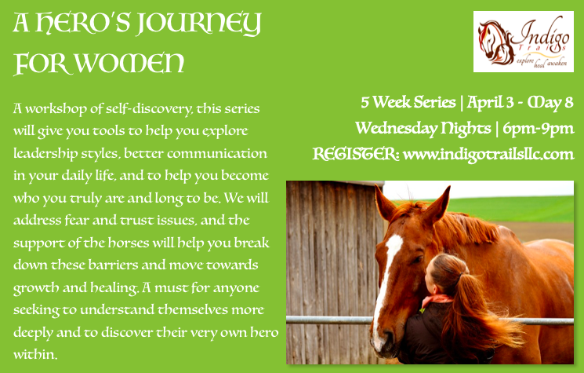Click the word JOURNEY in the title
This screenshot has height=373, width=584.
click(199, 24)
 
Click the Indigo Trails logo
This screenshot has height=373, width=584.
click(524, 42)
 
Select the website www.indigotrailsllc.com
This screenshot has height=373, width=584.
click(488, 154)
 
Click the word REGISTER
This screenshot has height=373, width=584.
click(355, 154)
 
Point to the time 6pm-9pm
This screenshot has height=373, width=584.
click(539, 129)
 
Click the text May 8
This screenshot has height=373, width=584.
click(550, 103)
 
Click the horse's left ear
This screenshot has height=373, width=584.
click(383, 204)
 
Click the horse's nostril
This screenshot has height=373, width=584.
click(386, 338)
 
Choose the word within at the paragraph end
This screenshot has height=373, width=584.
click(35, 354)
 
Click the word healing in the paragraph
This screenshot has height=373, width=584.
click(114, 287)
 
